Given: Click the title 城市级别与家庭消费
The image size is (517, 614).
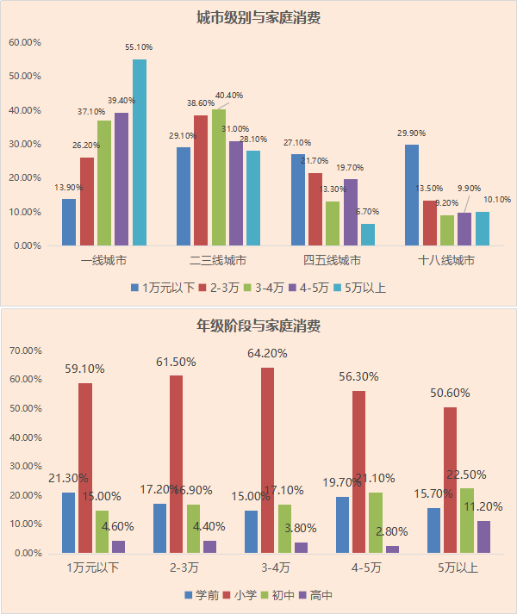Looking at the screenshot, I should [258, 17].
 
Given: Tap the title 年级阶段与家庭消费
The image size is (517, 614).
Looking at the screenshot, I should [258, 326].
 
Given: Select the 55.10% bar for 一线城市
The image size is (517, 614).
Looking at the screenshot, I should [139, 152].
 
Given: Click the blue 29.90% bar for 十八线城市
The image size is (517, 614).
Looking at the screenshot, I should [412, 195].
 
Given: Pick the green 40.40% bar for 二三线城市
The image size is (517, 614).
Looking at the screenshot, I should [219, 177].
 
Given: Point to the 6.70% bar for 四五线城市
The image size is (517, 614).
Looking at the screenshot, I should [368, 235].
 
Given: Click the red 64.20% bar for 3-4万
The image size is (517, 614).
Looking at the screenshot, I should [268, 461].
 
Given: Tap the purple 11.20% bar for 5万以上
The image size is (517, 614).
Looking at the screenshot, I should [483, 536].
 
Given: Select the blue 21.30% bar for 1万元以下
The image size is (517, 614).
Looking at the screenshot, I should [69, 523].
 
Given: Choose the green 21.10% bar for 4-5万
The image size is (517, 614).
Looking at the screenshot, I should [376, 523].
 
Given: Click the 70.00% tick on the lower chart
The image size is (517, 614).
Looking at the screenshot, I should [26, 350].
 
